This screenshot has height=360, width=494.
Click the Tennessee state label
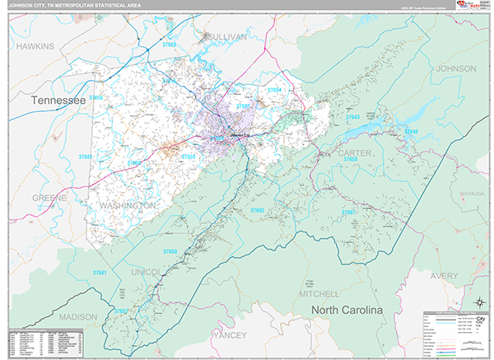58,100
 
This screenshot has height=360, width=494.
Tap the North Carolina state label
347,310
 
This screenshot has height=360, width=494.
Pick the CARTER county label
355,153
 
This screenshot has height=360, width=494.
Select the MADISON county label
78,317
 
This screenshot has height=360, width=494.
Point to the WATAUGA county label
473,194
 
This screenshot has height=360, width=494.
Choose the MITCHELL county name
319,293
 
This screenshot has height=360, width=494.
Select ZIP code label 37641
100,273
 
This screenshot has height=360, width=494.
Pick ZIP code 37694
274,90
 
